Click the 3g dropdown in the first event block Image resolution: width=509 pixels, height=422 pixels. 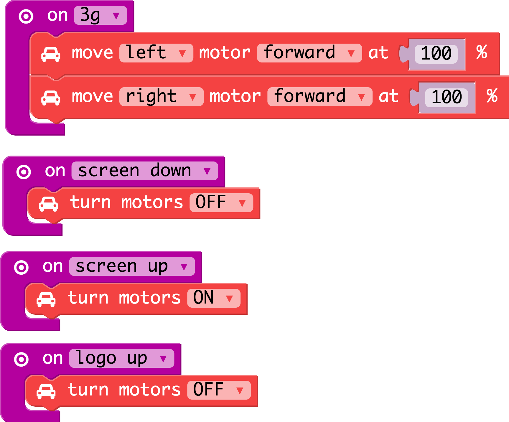click(100, 15)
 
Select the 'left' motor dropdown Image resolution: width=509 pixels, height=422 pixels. click(156, 53)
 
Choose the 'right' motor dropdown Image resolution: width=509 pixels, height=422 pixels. click(162, 97)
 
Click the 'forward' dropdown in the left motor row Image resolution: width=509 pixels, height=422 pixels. click(309, 53)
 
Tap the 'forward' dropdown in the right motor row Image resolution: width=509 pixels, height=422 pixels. click(320, 97)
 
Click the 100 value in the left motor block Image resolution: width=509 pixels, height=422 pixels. click(436, 54)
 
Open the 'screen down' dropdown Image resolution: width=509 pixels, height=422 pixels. click(145, 171)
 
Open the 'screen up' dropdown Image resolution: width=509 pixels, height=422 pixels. click(132, 266)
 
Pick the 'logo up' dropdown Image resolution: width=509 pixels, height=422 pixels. click(122, 358)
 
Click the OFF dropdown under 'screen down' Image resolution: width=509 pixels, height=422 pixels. click(221, 203)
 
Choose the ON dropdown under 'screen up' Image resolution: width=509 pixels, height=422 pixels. click(214, 298)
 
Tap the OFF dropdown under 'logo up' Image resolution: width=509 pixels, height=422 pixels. click(219, 390)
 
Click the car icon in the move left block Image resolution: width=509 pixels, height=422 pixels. click(51, 54)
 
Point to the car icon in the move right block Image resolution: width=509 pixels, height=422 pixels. click(51, 98)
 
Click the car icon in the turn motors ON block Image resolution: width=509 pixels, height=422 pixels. click(46, 299)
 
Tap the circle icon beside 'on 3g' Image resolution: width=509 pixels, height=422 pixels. click(26, 16)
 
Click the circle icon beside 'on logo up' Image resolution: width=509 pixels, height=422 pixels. click(21, 359)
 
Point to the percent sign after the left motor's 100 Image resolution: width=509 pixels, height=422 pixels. click(482, 52)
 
